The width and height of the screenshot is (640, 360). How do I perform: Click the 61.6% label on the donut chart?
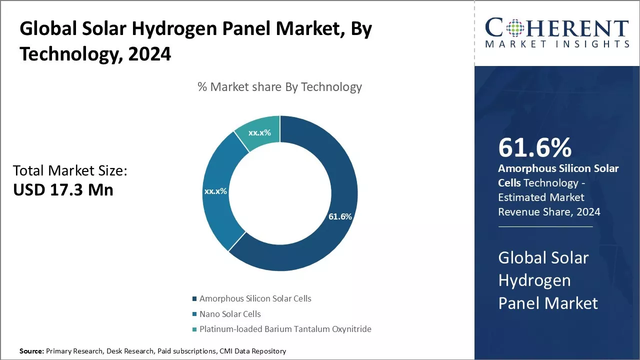click(340, 216)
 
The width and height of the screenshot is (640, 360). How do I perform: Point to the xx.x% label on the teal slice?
click(259, 132)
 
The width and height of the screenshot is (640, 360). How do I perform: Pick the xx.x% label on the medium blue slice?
click(215, 191)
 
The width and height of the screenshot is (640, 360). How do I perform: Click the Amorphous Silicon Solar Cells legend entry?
click(255, 298)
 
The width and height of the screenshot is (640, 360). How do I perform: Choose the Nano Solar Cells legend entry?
click(230, 314)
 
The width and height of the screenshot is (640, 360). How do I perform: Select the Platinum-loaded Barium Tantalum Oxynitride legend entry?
click(285, 329)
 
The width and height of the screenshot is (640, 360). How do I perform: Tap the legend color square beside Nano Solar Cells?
click(194, 314)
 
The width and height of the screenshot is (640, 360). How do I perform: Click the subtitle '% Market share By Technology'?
click(279, 87)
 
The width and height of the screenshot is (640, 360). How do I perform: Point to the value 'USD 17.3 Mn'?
click(63, 189)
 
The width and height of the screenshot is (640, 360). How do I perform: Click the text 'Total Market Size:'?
click(70, 171)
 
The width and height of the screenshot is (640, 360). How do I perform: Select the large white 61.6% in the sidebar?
click(535, 147)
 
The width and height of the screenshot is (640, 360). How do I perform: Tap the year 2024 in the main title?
click(149, 53)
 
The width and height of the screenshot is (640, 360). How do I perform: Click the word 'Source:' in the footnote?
click(31, 351)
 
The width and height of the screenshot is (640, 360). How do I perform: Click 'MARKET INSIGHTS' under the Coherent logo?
click(557, 44)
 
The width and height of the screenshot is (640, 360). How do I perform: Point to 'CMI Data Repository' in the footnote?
click(252, 351)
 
